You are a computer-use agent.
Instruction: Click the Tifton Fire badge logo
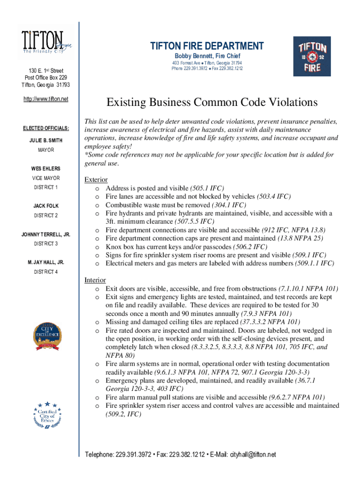312,56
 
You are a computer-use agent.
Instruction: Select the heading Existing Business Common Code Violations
212,102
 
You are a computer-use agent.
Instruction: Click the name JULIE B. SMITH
45,140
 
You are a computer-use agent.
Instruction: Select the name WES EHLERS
45,168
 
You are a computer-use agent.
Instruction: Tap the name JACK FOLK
45,206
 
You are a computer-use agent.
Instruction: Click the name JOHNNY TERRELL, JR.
45,234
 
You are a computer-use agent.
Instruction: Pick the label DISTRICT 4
45,272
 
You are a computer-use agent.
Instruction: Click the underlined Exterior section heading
96,180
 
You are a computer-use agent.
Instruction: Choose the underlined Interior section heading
95,280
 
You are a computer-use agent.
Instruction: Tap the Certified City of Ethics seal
46,414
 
